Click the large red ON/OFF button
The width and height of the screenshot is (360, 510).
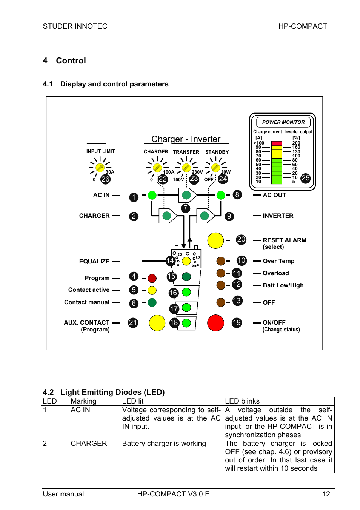click(216, 323)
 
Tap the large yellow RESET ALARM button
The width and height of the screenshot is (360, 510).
click(215, 240)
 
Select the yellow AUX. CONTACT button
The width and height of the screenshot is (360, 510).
click(157, 323)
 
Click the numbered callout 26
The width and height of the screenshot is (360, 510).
click(106, 179)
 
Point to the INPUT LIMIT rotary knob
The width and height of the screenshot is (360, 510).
click(100, 167)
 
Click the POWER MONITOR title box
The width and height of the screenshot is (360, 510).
click(283, 122)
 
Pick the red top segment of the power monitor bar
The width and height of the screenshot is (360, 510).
click(277, 143)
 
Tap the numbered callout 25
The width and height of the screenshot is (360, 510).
click(306, 178)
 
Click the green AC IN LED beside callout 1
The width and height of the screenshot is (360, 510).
click(152, 195)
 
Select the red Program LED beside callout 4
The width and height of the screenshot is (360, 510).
click(152, 279)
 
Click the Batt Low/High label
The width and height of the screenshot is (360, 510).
click(283, 285)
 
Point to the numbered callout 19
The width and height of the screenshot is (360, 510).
click(237, 323)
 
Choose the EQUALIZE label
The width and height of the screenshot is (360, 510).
click(94, 262)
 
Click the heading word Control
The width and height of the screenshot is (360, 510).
click(71, 61)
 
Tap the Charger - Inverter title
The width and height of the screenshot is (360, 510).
click(186, 139)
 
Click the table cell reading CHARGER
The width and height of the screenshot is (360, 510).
click(89, 444)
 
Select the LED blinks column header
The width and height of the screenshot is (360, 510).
click(242, 401)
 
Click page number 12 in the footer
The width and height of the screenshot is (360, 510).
click(326, 494)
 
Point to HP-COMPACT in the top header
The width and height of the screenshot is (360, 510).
click(303, 26)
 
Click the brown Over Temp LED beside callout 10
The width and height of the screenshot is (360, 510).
click(221, 261)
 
